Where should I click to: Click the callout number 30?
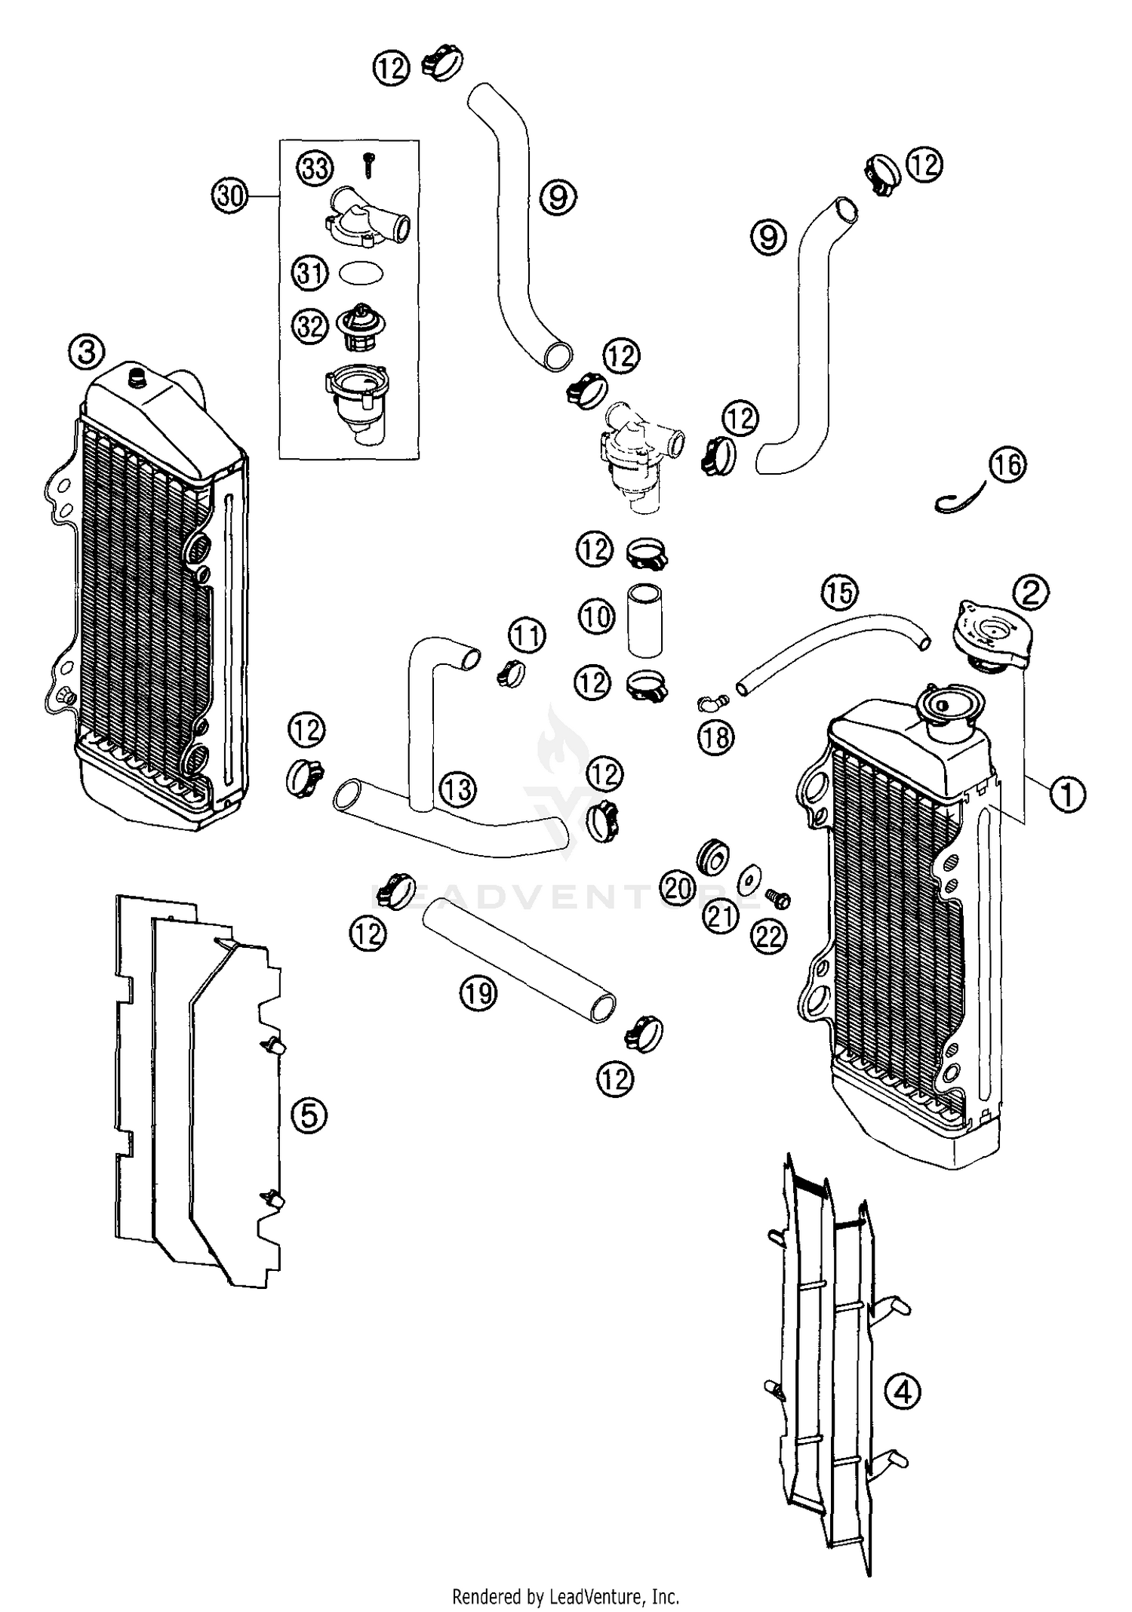[230, 196]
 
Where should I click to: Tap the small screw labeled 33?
[369, 165]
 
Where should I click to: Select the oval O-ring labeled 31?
[361, 272]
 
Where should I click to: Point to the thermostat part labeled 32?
[358, 329]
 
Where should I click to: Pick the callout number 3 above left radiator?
[87, 351]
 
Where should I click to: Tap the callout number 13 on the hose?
[457, 790]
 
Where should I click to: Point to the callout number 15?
[840, 592]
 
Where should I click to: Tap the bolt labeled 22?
[777, 898]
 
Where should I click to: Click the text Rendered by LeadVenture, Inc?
[565, 1595]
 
